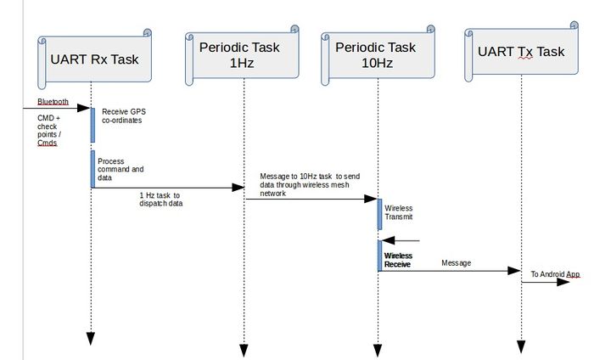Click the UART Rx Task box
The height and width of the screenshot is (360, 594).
tap(95, 59)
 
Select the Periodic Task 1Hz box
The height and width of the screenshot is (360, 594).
tap(242, 55)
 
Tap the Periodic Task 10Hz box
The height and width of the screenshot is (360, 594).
tap(378, 55)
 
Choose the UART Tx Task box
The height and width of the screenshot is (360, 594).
tap(521, 52)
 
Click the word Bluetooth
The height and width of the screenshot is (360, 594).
tap(53, 102)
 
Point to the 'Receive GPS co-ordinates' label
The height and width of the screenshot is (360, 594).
tap(124, 116)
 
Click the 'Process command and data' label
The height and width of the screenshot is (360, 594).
tap(120, 170)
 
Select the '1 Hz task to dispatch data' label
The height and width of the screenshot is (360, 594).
tap(160, 200)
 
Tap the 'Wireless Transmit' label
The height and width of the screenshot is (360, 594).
tap(399, 212)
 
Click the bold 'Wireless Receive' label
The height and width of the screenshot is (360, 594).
tap(398, 260)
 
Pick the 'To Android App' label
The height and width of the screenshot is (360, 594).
tap(555, 274)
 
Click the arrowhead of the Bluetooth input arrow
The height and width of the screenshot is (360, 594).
tap(83, 108)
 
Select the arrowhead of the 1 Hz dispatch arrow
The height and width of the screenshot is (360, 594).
tap(238, 188)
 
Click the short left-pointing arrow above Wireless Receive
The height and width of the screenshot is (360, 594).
tap(401, 240)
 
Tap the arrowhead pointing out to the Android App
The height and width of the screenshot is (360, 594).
tap(563, 282)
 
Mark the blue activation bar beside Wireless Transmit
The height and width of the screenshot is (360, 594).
tap(379, 214)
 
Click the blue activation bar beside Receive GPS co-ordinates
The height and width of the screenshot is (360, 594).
tap(92, 125)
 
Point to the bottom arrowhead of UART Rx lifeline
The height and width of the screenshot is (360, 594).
tap(91, 339)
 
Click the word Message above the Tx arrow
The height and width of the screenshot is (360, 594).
tap(457, 263)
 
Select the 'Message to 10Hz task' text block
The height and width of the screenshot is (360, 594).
tap(310, 184)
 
